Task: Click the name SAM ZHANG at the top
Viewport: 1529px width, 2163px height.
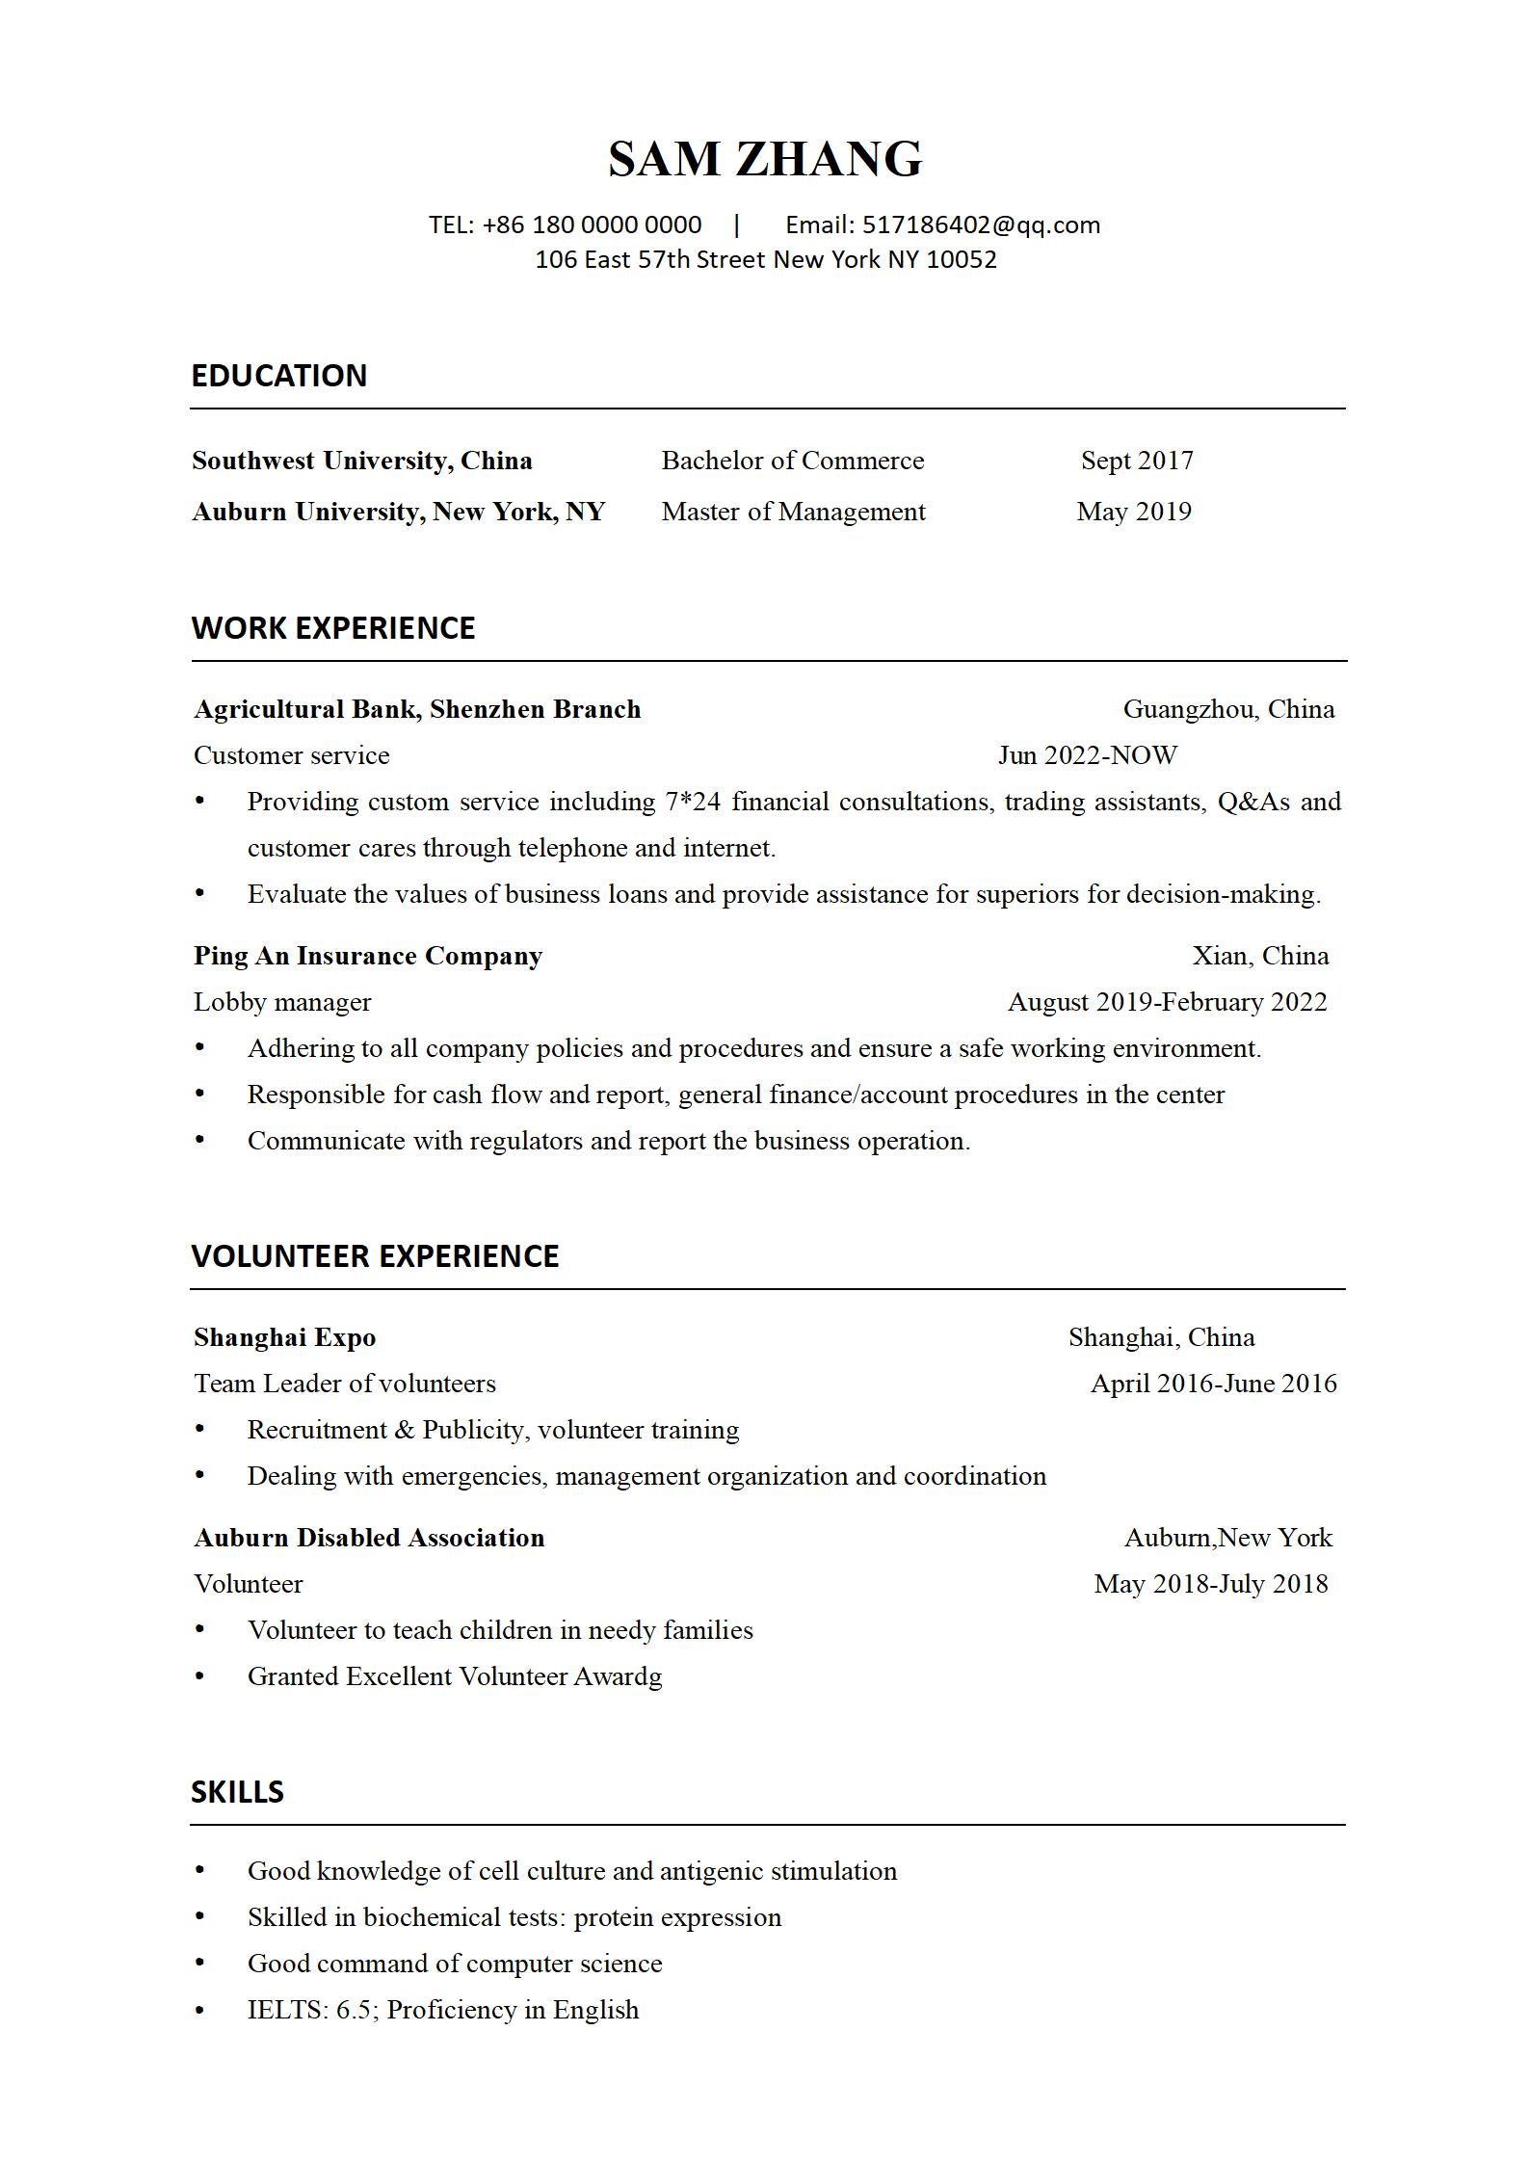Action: tap(765, 159)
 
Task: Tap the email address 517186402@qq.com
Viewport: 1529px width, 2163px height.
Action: tap(981, 225)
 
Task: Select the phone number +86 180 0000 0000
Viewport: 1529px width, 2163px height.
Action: tap(592, 225)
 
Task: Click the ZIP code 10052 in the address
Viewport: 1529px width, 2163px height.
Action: tap(961, 260)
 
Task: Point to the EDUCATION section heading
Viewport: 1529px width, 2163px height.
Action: tap(278, 376)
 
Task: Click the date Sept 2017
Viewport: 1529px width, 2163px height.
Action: tap(1137, 461)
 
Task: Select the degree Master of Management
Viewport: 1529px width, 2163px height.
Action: tap(793, 512)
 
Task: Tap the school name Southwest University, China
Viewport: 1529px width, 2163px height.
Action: tap(362, 461)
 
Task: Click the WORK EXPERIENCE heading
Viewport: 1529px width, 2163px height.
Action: tap(333, 628)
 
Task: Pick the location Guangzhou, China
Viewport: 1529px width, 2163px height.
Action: tap(1228, 710)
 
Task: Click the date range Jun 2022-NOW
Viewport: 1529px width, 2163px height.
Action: tap(1088, 756)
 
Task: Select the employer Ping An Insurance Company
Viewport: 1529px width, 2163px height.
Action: tap(368, 956)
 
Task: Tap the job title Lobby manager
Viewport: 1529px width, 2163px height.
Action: tap(282, 1003)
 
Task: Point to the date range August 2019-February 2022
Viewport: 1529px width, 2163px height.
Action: tap(1167, 1003)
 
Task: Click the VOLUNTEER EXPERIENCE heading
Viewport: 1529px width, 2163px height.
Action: tap(375, 1256)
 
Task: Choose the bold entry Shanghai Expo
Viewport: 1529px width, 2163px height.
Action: tap(284, 1337)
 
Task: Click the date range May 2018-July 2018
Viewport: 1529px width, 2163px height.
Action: tap(1211, 1585)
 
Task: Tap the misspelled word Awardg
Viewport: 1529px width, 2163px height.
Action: tap(618, 1677)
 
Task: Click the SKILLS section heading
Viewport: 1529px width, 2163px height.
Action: tap(237, 1792)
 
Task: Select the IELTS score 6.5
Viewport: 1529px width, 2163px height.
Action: tap(354, 2011)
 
